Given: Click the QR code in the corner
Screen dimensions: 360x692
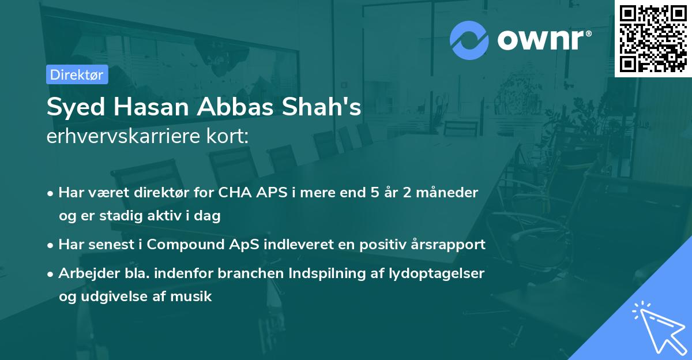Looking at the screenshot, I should tap(653, 39).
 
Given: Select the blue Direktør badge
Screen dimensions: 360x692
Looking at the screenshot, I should tap(77, 74).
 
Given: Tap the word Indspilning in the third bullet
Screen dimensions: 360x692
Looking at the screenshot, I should tap(323, 273).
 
